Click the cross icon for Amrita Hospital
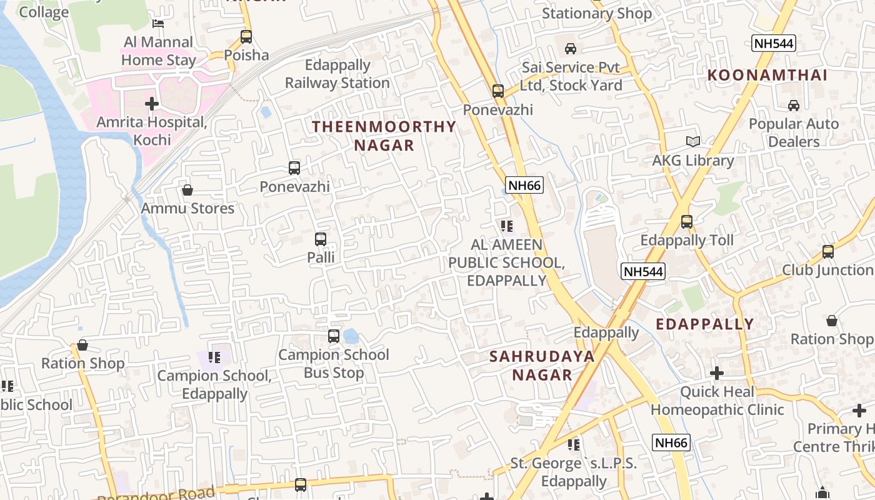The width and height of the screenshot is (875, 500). (152, 104)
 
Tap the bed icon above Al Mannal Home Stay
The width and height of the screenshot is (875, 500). (159, 24)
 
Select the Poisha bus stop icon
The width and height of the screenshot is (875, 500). (246, 37)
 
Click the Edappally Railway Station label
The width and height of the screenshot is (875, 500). (337, 74)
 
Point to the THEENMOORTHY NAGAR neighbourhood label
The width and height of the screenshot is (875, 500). (384, 136)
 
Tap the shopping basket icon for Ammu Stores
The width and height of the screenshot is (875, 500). (187, 190)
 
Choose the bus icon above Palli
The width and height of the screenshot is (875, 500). (321, 239)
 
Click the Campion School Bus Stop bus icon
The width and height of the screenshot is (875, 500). (334, 336)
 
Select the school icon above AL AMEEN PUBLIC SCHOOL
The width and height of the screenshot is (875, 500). (506, 226)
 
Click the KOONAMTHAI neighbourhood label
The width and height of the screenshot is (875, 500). (767, 76)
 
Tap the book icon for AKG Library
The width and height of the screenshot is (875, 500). (692, 142)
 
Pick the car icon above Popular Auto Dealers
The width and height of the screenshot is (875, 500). (794, 106)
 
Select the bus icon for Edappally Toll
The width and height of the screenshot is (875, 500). (687, 222)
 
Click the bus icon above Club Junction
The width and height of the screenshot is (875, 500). (828, 252)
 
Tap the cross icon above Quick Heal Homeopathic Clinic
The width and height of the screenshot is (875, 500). (717, 374)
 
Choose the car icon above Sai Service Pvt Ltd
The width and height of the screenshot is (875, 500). (571, 49)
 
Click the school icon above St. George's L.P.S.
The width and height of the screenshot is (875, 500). (573, 445)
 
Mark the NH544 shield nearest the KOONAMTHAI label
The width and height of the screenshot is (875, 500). (774, 43)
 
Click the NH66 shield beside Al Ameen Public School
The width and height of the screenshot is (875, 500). (524, 185)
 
